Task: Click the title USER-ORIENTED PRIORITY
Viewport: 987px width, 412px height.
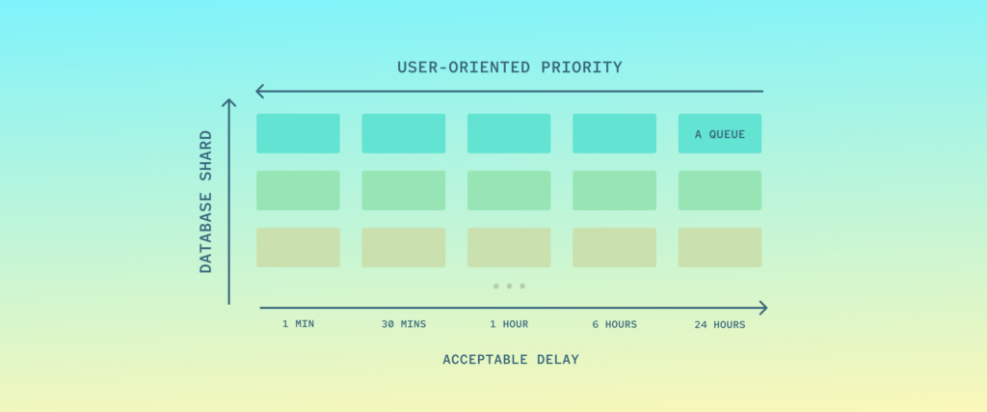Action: click(x=509, y=68)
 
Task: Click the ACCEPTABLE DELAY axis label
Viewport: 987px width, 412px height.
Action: click(x=510, y=360)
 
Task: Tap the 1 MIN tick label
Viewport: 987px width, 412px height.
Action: click(x=298, y=324)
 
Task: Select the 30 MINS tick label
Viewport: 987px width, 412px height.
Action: click(x=403, y=324)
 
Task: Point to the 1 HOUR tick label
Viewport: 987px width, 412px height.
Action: click(x=509, y=324)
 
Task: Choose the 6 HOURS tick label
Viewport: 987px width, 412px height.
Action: click(x=614, y=324)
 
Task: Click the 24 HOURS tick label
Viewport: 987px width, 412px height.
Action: click(x=719, y=324)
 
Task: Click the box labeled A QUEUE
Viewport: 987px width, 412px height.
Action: click(x=719, y=133)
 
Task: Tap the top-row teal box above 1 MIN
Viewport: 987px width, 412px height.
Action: click(x=298, y=133)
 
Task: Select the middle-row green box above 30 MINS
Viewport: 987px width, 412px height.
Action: click(x=403, y=190)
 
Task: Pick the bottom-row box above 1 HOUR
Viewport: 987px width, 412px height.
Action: click(x=509, y=247)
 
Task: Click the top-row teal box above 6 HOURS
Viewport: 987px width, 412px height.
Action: click(x=614, y=133)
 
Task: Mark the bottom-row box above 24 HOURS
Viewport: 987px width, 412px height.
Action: click(x=719, y=247)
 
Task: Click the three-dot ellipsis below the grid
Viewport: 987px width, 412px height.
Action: click(x=509, y=286)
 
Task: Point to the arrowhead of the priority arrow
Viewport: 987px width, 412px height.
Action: click(x=260, y=92)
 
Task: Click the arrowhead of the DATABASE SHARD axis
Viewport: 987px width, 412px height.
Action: click(x=228, y=103)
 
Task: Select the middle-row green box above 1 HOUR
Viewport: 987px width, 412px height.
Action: click(x=509, y=190)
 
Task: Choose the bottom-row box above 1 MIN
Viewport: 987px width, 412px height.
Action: click(x=298, y=247)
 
